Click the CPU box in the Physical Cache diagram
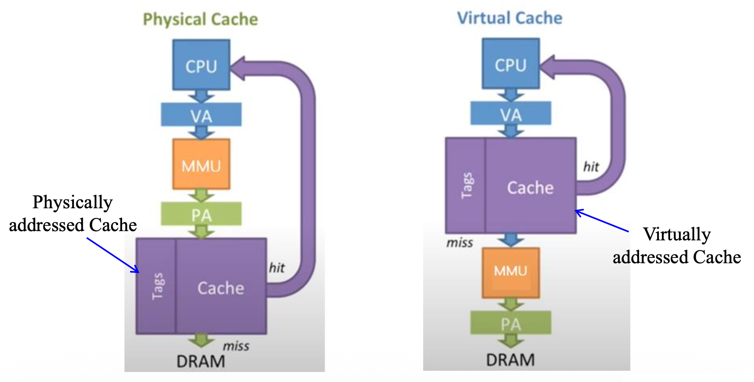pos(201,65)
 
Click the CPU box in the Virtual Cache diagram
pos(510,64)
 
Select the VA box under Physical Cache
pos(201,115)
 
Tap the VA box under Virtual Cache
pos(510,114)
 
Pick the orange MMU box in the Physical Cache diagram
pos(201,164)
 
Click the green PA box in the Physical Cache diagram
pos(201,214)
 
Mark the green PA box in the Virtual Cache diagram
pos(510,323)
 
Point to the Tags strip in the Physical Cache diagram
pos(156,286)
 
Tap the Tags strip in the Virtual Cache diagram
pos(466,185)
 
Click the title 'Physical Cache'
pos(200,19)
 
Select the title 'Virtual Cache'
pos(509,18)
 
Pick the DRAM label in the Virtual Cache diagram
pos(510,360)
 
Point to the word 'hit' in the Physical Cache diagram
pos(277,268)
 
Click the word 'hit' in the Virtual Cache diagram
pos(591,167)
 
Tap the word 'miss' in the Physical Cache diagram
pos(236,346)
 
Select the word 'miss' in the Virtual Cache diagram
pos(460,243)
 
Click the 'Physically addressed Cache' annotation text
pos(73,213)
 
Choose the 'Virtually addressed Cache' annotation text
pos(677,246)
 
